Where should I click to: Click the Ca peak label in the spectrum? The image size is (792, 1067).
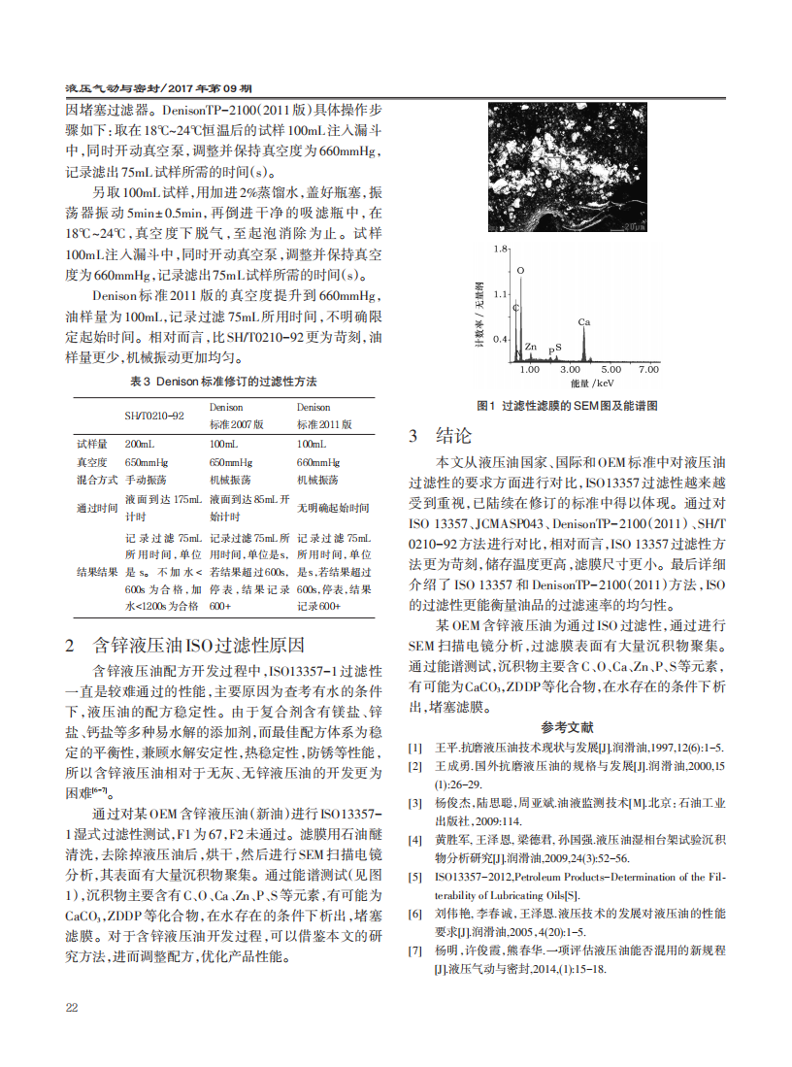[583, 321]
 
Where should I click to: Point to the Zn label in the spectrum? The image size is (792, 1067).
[530, 346]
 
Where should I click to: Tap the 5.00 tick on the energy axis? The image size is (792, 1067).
[610, 370]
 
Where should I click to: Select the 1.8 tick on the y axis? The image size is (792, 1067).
[501, 250]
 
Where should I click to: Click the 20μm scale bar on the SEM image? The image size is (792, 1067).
[631, 225]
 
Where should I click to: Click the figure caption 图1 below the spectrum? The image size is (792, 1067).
[567, 405]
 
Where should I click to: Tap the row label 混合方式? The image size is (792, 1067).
[97, 480]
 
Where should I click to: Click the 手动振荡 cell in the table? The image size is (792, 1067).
[146, 480]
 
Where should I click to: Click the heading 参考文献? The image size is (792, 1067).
[567, 726]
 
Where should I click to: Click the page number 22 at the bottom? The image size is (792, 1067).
[72, 1007]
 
